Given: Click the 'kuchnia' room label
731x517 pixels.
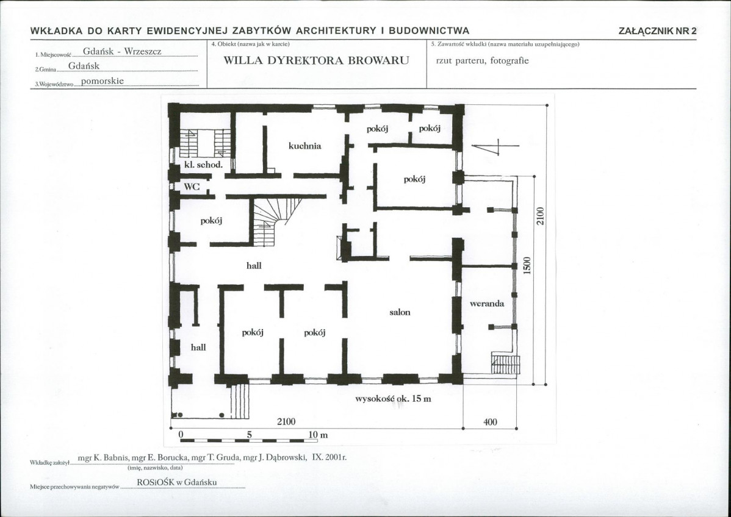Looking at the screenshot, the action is click(305, 146).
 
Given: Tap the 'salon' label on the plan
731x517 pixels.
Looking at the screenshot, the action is click(400, 312).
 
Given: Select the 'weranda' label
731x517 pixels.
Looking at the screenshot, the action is click(487, 304).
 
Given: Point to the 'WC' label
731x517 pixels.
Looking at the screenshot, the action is click(192, 187).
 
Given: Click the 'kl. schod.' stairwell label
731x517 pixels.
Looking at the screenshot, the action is click(203, 165).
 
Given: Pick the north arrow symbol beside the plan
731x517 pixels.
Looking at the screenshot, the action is click(495, 146).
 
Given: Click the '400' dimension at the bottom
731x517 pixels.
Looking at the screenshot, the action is click(490, 422).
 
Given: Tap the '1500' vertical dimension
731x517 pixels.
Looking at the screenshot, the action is click(527, 265).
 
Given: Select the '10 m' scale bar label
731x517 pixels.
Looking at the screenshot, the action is click(318, 435).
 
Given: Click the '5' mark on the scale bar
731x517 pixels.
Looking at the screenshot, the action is click(250, 435).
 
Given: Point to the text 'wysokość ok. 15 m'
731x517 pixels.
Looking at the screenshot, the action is click(393, 399).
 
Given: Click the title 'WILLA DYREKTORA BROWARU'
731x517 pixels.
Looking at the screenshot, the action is click(316, 60).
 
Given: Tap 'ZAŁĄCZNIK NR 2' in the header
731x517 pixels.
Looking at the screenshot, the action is click(657, 31).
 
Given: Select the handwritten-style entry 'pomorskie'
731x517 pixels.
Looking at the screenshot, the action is click(102, 80).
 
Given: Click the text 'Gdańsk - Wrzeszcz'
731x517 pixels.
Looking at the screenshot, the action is click(122, 51).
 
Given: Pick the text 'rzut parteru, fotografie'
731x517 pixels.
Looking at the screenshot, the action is click(483, 60).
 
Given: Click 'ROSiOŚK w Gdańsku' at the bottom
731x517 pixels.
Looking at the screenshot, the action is click(177, 482).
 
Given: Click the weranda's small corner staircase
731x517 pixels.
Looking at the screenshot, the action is click(505, 364).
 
